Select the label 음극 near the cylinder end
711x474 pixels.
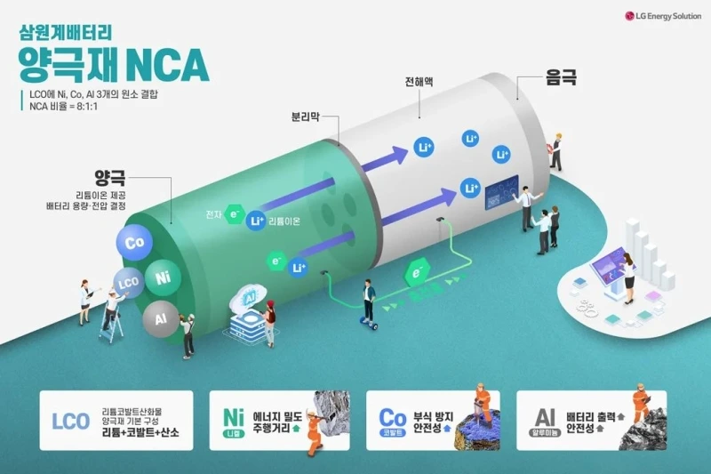(x=561, y=78)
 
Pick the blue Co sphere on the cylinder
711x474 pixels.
(x=135, y=243)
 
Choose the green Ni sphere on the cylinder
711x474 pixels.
(x=163, y=278)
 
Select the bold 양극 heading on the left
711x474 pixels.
(x=108, y=175)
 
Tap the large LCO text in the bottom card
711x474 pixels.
(x=72, y=421)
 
